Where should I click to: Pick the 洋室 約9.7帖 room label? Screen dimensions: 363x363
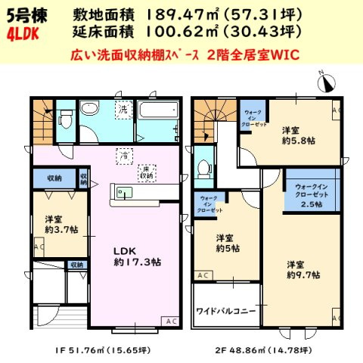(302, 270)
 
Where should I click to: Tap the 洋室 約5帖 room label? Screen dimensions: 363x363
(226, 242)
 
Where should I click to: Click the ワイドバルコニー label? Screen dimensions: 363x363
(226, 311)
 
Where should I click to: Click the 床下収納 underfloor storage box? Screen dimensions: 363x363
(146, 171)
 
